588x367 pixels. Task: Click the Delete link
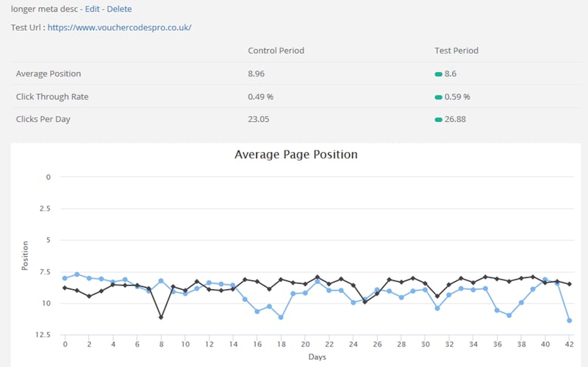click(120, 9)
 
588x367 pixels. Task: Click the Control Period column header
click(276, 51)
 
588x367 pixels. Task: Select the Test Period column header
click(456, 51)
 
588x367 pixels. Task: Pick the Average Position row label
click(49, 73)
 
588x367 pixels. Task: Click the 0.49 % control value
click(261, 96)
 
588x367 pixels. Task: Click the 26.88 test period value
click(455, 119)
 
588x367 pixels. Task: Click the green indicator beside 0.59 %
click(438, 97)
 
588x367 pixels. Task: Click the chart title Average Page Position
click(296, 154)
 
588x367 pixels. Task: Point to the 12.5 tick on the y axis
click(43, 335)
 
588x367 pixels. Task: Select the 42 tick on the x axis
click(570, 344)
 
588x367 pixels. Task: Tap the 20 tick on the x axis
click(305, 344)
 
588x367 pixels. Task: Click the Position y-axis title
click(25, 255)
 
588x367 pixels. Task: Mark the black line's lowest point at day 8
click(161, 317)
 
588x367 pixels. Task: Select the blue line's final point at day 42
click(570, 320)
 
